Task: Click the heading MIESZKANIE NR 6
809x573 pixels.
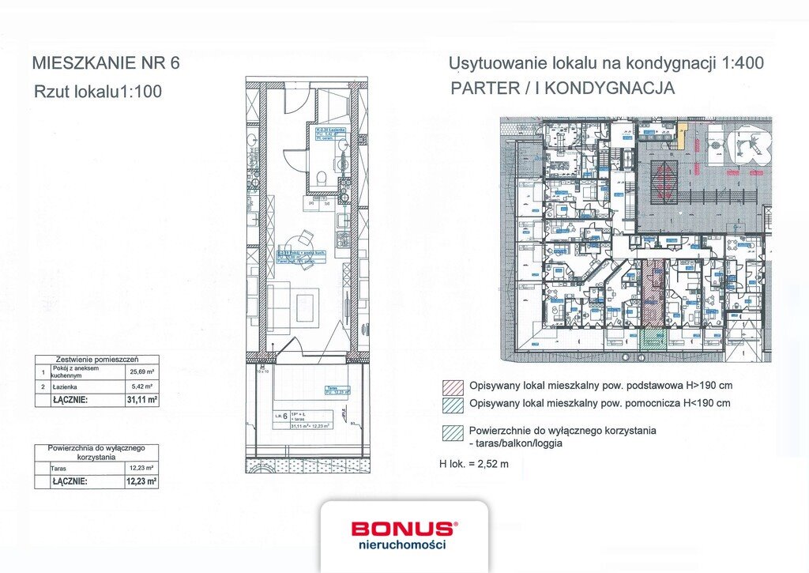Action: [x=106, y=62]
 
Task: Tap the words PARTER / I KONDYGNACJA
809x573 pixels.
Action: [x=563, y=89]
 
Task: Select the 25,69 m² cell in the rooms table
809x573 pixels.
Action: [x=142, y=371]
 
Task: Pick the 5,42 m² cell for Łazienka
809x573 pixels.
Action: [x=142, y=386]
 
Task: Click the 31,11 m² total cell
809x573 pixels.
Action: [x=142, y=400]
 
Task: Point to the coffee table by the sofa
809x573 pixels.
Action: [x=306, y=306]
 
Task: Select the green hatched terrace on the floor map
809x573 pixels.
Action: [x=653, y=338]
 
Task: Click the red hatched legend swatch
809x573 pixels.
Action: [x=453, y=387]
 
